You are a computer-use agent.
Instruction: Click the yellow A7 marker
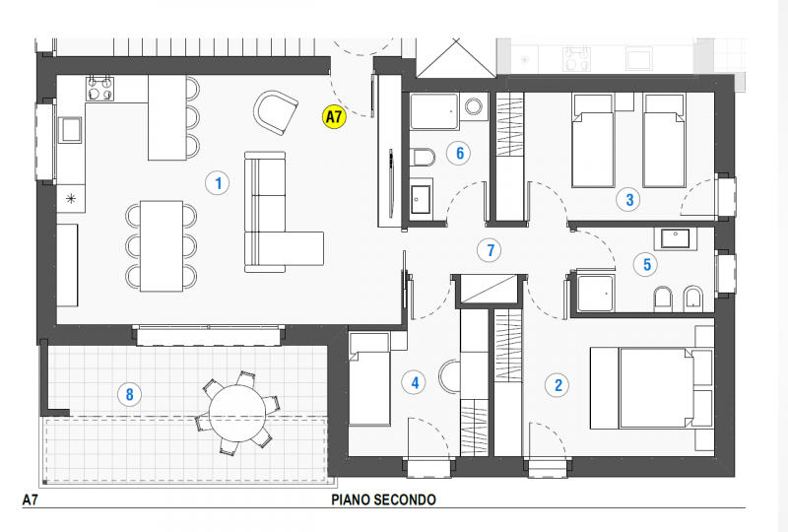pyautogui.click(x=334, y=117)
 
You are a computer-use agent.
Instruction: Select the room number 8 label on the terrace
pyautogui.click(x=127, y=395)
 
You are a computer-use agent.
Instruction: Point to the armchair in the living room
pyautogui.click(x=275, y=111)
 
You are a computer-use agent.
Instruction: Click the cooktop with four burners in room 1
pyautogui.click(x=100, y=89)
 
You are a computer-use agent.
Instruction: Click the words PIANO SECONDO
pyautogui.click(x=383, y=500)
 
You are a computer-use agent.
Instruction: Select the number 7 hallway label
pyautogui.click(x=490, y=250)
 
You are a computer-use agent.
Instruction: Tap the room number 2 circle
pyautogui.click(x=558, y=385)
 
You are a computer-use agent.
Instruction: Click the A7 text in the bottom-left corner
pyautogui.click(x=32, y=500)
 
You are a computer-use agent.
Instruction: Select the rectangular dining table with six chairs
pyautogui.click(x=162, y=244)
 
